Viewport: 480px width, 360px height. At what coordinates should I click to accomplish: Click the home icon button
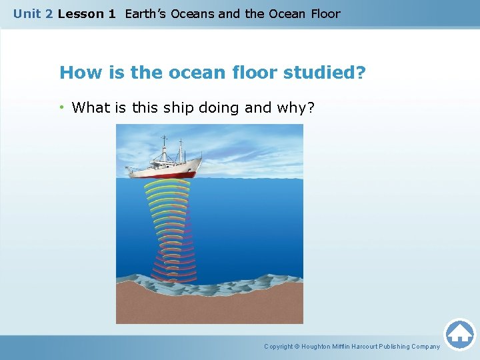point(459,334)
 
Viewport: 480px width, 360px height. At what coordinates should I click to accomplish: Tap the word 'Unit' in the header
point(27,14)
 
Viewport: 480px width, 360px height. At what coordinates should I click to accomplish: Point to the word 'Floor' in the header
point(324,14)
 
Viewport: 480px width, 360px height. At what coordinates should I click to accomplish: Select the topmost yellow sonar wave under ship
point(167,181)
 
